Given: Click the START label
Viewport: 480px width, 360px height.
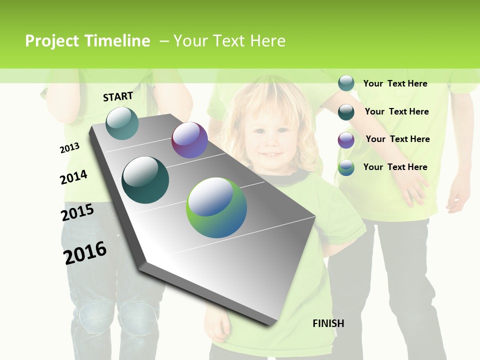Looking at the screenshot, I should [x=118, y=96].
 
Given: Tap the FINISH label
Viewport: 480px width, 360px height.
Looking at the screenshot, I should [x=328, y=323].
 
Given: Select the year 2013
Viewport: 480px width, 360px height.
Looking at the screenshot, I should [x=69, y=148].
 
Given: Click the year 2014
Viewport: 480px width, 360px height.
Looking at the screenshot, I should [x=73, y=177].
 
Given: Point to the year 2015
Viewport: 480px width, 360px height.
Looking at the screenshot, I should [x=77, y=212].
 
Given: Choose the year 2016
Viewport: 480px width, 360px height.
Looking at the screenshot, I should [x=85, y=252].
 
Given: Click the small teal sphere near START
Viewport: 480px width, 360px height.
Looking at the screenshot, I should [x=122, y=123].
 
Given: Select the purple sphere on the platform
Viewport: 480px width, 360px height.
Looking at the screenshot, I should [x=189, y=140].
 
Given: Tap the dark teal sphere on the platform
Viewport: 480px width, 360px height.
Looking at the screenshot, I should [x=145, y=180].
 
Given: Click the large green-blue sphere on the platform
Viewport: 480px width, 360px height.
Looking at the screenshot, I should [x=216, y=207].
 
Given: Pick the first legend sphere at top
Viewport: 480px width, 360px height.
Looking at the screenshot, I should [x=346, y=83].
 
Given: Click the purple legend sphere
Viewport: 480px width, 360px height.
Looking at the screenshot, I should [x=346, y=140].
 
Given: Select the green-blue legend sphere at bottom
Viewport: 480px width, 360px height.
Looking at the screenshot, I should [x=346, y=167].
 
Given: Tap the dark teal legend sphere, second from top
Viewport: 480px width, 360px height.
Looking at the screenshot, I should [x=346, y=112].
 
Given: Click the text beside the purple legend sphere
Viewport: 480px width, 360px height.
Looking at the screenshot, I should [x=397, y=139].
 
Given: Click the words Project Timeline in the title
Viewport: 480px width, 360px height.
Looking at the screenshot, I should [x=87, y=41].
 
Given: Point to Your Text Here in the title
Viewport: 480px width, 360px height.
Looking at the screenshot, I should [x=229, y=41].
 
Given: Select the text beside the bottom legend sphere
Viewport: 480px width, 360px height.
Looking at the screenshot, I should [x=395, y=167].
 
